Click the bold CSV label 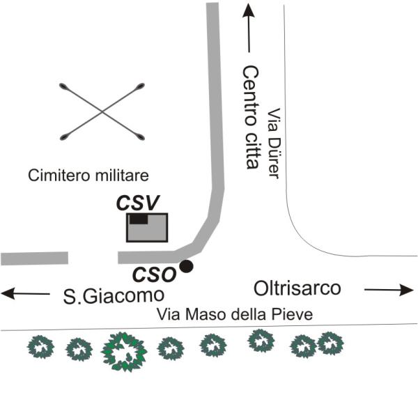click(138, 203)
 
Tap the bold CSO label click(155, 274)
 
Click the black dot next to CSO click(186, 266)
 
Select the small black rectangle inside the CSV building click(139, 219)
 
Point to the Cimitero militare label click(88, 176)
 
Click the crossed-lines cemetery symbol click(102, 111)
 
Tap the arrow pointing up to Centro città click(249, 28)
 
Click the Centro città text click(251, 117)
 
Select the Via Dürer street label click(274, 143)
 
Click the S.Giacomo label click(114, 296)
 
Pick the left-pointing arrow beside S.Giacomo click(26, 293)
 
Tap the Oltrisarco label click(297, 288)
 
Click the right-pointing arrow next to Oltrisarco click(389, 290)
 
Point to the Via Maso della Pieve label click(235, 314)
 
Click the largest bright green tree click(124, 352)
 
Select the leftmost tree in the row click(40, 347)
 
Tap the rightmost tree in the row click(330, 343)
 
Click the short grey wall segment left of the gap click(34, 258)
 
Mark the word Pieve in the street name click(291, 314)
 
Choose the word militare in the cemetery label click(121, 176)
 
